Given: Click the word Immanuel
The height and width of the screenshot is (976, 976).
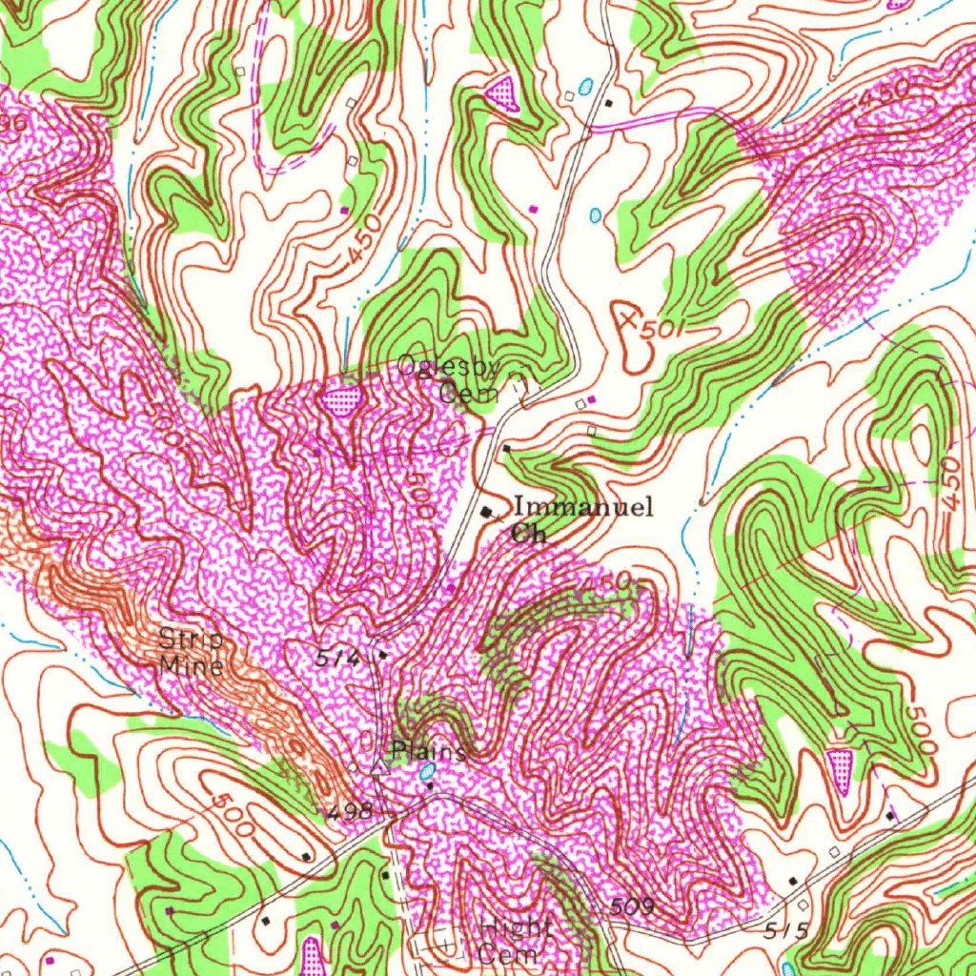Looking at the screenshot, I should [x=583, y=507].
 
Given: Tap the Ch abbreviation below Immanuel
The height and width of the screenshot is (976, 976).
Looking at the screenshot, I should [x=529, y=533].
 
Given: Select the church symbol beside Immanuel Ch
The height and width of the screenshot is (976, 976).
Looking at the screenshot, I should [x=490, y=513].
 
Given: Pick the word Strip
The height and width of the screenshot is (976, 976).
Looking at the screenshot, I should [x=192, y=640].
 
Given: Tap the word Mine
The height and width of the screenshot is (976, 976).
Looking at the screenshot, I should [x=192, y=664].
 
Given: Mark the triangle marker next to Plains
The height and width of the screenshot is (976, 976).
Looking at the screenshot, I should [x=378, y=765].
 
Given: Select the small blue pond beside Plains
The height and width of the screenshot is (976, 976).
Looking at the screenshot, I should [x=428, y=768].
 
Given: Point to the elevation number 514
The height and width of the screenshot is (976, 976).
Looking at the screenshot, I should [x=337, y=657].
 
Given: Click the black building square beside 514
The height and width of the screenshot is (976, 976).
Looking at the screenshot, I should [x=382, y=655].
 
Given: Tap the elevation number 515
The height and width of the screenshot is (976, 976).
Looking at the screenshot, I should [x=785, y=929].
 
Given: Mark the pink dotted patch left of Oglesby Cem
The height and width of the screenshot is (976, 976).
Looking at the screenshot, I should [x=341, y=399].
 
